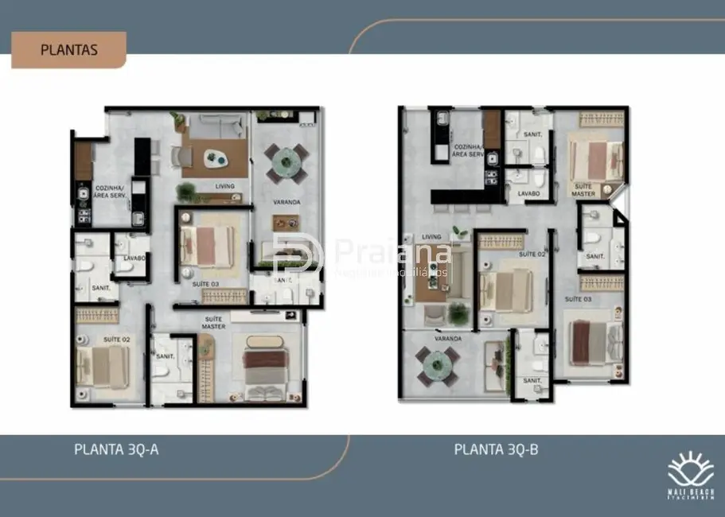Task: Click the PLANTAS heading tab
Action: coord(68,49)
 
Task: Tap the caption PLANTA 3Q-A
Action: coord(116,449)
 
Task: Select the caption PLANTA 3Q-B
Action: coord(496,449)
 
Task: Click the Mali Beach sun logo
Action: coord(690,469)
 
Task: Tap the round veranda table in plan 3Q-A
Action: coord(284,161)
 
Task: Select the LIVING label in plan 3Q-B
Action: coord(431,237)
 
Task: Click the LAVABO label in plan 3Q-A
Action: coord(134,258)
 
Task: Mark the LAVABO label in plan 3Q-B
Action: coord(528,193)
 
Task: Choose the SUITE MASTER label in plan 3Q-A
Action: coord(213,322)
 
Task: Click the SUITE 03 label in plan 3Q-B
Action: coord(578,298)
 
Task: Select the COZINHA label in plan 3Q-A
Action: coord(109,192)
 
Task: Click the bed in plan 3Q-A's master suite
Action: coord(262,370)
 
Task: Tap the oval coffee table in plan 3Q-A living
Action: coord(212,157)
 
